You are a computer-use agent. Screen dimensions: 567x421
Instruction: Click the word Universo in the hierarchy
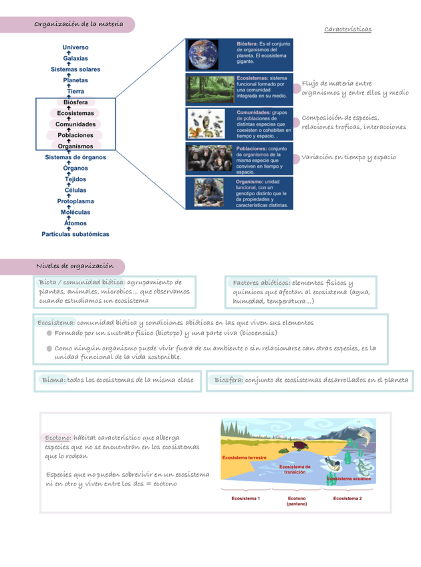point(75,47)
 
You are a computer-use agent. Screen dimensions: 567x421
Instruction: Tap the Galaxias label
point(75,58)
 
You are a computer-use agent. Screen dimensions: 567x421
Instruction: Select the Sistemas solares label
point(75,70)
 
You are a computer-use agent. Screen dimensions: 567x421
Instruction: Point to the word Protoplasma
point(75,201)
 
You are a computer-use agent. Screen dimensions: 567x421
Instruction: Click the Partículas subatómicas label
point(75,234)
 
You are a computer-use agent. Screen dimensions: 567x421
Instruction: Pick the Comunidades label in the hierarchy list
point(75,124)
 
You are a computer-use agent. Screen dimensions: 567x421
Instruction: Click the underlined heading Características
point(347,29)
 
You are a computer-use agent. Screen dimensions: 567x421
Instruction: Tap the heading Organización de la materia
point(78,25)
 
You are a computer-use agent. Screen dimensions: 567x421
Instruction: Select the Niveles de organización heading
point(74,266)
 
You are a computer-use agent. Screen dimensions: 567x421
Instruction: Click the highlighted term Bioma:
point(53,380)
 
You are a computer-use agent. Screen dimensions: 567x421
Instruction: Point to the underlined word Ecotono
point(58,437)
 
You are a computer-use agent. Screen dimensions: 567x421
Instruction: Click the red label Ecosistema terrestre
point(244,458)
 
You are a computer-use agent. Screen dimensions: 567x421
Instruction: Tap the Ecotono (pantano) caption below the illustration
point(297,501)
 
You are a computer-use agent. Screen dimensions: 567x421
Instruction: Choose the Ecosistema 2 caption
point(347,498)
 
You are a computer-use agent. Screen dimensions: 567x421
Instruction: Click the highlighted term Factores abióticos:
point(261,282)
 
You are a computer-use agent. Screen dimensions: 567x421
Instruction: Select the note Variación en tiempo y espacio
point(348,157)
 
